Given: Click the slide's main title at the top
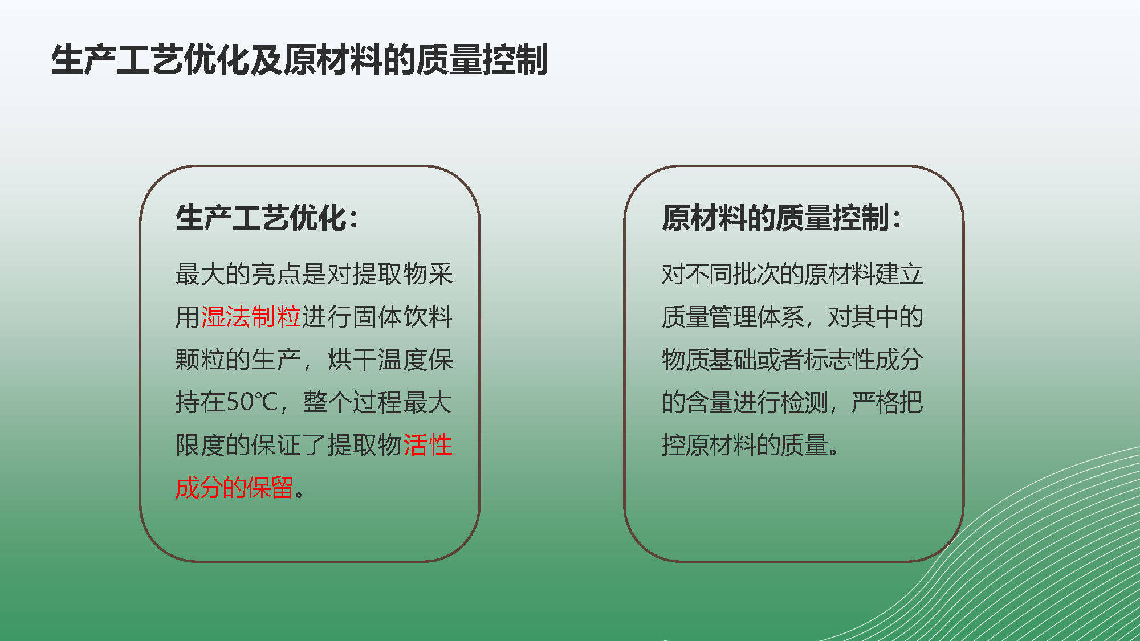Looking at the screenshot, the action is coord(299,60).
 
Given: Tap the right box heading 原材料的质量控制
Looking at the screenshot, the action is coord(776,218).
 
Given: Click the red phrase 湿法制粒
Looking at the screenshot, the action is coord(251,317).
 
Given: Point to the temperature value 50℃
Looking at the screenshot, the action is coord(251,402).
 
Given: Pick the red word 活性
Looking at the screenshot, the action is coord(427,445).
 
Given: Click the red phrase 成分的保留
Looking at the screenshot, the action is coord(234,488).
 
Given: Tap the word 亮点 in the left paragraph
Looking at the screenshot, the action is coord(276,274).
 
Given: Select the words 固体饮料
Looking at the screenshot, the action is coord(402,317).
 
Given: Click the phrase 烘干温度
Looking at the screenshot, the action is coord(377,360).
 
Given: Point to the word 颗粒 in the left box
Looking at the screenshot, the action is coord(201,360).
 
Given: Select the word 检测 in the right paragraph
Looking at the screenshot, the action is coord(804,402).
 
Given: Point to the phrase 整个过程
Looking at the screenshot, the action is coord(352,402).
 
